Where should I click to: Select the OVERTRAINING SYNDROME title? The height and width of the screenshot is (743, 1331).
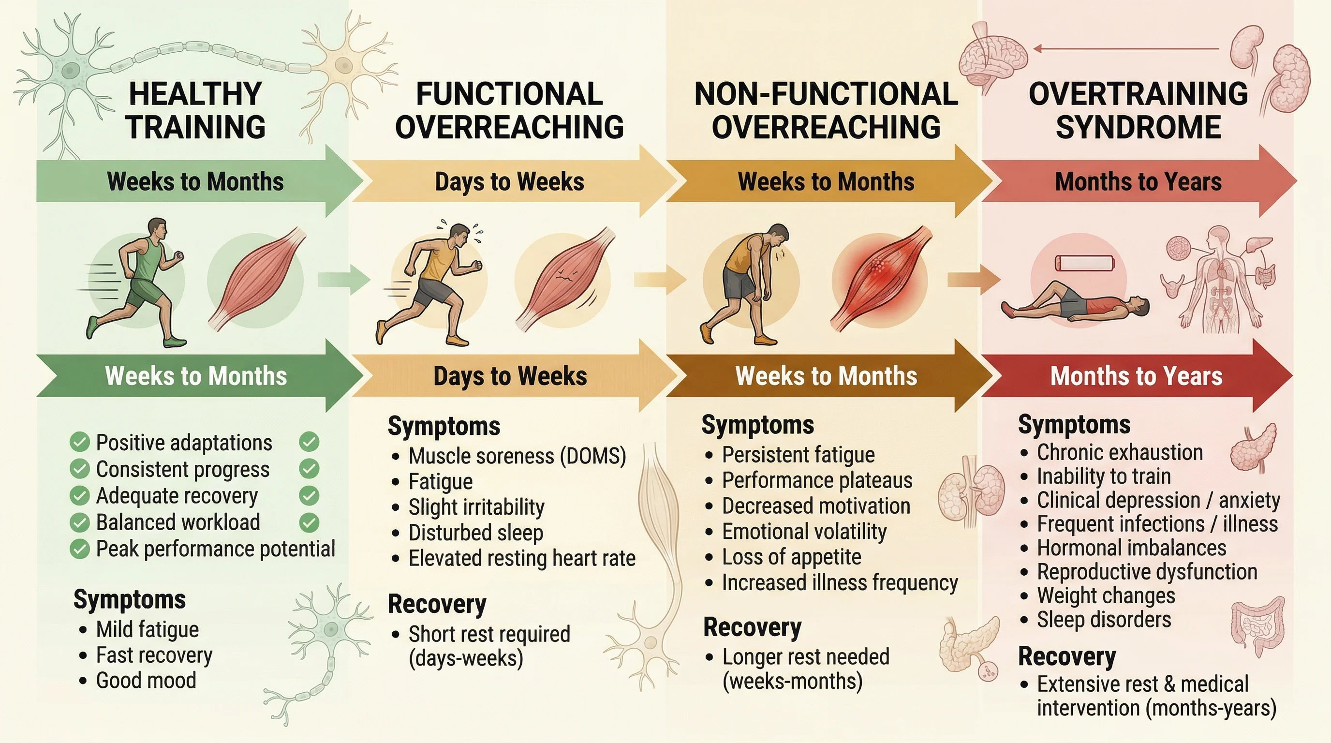click(1139, 110)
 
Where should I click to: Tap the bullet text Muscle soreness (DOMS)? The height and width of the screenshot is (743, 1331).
click(517, 456)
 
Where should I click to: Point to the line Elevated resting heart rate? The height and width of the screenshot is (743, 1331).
click(522, 559)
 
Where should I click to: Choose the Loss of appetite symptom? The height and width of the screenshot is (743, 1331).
click(792, 557)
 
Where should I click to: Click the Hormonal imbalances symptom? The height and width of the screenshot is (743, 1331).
click(1132, 548)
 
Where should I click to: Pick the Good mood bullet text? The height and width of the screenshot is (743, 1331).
click(146, 681)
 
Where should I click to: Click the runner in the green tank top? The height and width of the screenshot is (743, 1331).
click(137, 282)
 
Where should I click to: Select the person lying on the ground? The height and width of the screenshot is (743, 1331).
click(1075, 305)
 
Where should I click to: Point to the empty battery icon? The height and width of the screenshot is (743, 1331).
click(1084, 263)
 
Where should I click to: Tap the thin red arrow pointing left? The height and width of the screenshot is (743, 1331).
click(1126, 49)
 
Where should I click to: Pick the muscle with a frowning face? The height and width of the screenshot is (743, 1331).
click(563, 279)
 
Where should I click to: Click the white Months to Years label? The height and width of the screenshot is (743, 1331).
click(1136, 376)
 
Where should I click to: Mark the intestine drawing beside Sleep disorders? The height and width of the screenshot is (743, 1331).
click(1257, 628)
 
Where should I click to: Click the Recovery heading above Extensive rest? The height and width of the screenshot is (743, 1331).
click(1067, 657)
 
